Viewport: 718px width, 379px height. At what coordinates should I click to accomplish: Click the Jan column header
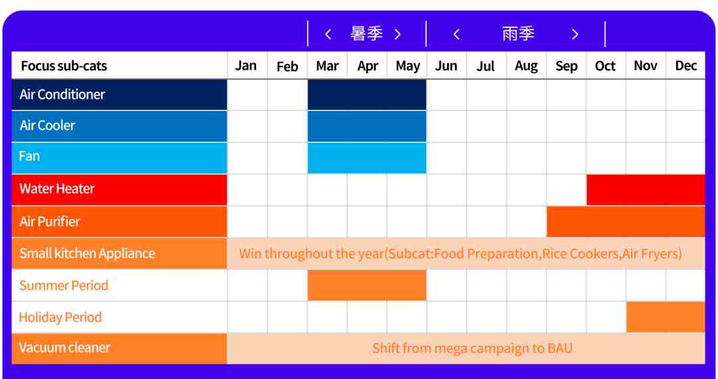coord(246,65)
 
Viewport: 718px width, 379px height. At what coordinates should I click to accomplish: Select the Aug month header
coord(526,66)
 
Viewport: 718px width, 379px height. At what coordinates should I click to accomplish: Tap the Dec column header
coord(685,65)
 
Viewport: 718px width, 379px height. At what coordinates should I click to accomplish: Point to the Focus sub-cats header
coord(64,66)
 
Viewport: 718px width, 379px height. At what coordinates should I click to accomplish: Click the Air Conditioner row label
coord(62,94)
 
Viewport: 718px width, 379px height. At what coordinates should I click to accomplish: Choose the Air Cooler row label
coord(47,126)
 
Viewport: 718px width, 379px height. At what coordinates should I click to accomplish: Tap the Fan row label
coord(29,156)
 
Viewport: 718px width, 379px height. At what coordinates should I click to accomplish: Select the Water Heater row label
coord(57,189)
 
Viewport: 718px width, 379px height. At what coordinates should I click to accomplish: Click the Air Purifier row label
coord(49,221)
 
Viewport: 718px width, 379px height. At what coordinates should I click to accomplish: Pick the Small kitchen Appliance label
coord(87,253)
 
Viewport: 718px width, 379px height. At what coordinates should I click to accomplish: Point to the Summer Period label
coord(64,286)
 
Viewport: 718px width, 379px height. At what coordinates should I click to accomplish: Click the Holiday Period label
coord(60,317)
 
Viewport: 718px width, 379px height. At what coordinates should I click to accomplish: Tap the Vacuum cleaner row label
coord(64,347)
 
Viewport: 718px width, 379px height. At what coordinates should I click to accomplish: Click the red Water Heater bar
coord(646,189)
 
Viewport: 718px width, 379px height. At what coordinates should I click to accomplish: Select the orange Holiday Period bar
coord(665,316)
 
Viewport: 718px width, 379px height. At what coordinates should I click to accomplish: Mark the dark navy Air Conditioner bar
coord(367,94)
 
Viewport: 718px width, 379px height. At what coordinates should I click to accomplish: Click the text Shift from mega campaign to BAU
coord(472,348)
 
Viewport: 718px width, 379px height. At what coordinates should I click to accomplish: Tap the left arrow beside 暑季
coord(328,35)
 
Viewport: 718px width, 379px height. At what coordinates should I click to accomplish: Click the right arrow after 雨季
coord(575,35)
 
